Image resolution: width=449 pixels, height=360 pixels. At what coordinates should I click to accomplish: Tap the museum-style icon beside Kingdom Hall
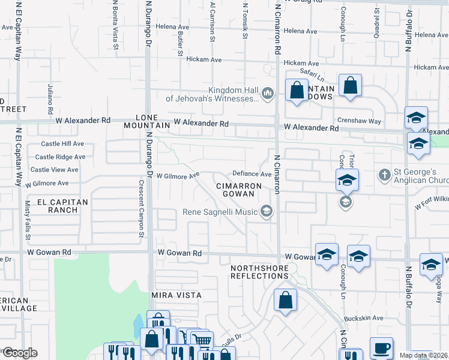(x=268, y=93)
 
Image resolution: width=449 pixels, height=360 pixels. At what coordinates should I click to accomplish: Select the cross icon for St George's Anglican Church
(x=385, y=175)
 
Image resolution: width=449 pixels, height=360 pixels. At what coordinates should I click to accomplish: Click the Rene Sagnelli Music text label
(x=220, y=211)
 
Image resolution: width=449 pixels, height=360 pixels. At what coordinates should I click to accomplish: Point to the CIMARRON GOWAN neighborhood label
(x=238, y=190)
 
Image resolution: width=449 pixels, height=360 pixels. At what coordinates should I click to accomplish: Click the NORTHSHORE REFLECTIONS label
(x=260, y=271)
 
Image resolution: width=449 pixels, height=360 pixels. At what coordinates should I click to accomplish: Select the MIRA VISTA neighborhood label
(x=176, y=296)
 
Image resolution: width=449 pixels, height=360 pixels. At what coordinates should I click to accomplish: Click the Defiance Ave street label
(x=252, y=174)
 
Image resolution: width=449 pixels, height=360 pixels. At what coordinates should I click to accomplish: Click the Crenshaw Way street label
(x=359, y=121)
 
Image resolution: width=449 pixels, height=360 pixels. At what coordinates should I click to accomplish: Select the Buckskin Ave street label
(x=363, y=318)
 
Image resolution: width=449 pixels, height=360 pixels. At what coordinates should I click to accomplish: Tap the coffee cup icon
(x=381, y=348)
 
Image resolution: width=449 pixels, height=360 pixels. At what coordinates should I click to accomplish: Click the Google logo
(x=19, y=353)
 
